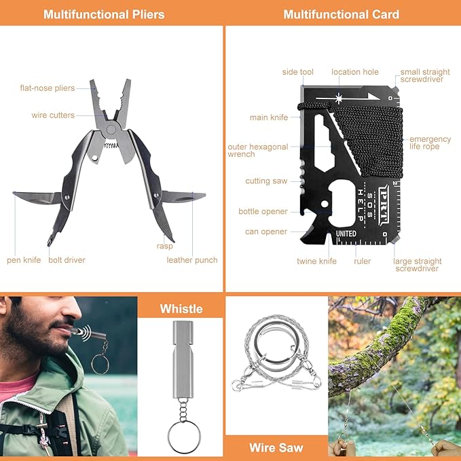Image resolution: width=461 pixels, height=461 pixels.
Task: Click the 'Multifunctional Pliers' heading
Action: [x=104, y=14]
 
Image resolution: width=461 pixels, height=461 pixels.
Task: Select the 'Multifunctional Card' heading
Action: [x=342, y=14]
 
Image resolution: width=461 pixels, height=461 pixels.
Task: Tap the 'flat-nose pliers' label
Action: [x=48, y=88]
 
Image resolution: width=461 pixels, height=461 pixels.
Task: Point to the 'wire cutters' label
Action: [x=53, y=115]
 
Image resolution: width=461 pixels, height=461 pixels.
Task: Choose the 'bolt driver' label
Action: [x=67, y=260]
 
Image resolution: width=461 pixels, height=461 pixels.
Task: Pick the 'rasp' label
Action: [x=164, y=246]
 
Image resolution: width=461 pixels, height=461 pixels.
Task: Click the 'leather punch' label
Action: [x=192, y=260]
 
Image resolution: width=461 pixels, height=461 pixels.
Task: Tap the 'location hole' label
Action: [x=355, y=72]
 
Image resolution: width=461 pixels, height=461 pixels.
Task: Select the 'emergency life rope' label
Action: [x=430, y=143]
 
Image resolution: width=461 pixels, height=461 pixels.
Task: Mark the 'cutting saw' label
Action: [x=266, y=181]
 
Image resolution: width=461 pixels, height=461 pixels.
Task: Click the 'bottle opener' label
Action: [x=263, y=212]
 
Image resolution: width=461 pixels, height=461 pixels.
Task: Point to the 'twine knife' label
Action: [x=316, y=261]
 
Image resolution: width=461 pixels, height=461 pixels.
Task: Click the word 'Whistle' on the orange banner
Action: [x=181, y=309]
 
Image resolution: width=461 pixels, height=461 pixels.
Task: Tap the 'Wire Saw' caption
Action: [x=276, y=447]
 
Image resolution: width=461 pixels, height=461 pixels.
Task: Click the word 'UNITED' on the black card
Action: [x=346, y=234]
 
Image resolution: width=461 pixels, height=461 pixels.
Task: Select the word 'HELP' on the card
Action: [x=361, y=202]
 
